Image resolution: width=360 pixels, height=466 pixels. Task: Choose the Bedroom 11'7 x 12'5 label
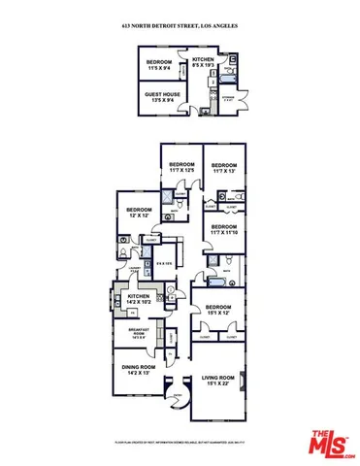180,168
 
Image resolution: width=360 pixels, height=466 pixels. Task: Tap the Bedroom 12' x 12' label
138,211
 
